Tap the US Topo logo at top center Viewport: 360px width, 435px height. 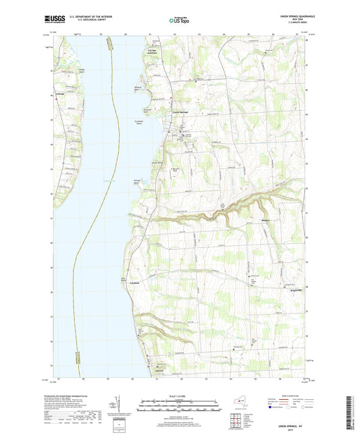pos(179,21)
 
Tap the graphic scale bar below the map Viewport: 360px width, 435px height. pos(179,404)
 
